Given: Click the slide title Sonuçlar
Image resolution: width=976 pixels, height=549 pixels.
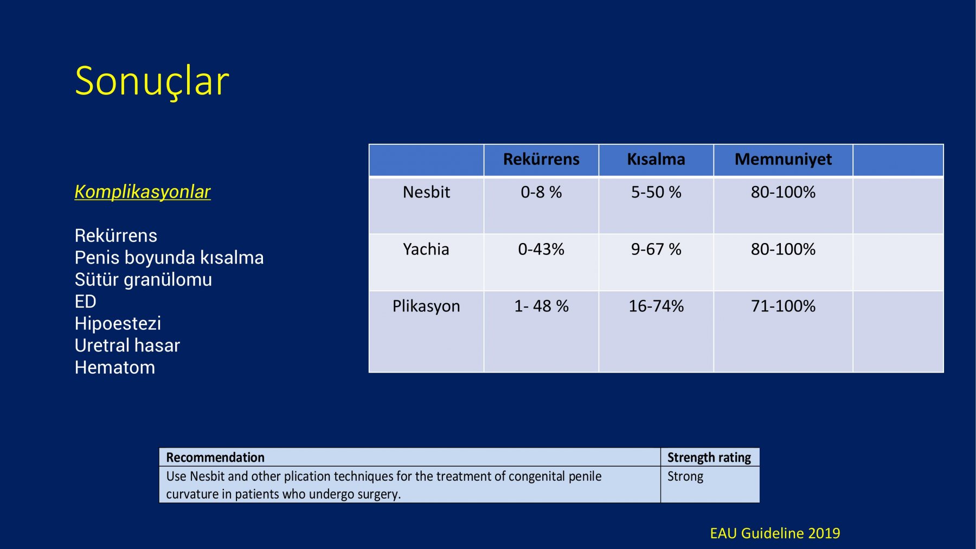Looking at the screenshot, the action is tap(152, 81).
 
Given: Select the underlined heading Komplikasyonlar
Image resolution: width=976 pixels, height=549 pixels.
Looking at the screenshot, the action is tap(143, 192).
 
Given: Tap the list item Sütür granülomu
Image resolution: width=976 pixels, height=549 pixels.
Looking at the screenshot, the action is tap(143, 279).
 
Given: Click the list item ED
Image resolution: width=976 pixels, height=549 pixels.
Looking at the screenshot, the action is tap(86, 302).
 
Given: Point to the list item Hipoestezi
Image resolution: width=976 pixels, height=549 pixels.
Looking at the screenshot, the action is tap(118, 323).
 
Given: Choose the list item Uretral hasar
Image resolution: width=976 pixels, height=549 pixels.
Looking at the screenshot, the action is tap(127, 346).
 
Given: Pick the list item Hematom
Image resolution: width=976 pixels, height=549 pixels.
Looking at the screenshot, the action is tap(115, 367).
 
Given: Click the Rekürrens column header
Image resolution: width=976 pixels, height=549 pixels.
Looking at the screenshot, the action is tap(541, 159).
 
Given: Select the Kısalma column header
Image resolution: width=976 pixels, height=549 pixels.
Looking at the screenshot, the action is tap(656, 159).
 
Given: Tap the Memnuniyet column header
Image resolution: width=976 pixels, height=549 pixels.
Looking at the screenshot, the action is tap(783, 160).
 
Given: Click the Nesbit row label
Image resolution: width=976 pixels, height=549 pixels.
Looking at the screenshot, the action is tap(426, 192).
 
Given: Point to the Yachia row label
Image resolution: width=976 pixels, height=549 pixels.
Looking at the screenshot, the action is tap(426, 249).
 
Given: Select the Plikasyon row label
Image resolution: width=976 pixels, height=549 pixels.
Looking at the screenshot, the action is tap(426, 307).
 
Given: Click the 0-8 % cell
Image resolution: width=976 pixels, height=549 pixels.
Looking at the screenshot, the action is tap(541, 192).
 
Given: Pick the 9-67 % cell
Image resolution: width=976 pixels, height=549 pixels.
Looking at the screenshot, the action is tap(656, 249).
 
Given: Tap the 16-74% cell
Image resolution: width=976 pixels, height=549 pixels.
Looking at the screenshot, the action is tap(656, 307).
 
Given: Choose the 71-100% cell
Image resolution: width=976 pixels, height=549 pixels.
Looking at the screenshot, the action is tap(783, 307).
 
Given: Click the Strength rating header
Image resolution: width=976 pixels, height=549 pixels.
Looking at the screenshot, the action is tap(709, 458).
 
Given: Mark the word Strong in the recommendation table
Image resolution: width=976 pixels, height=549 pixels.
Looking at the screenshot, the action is tap(685, 477).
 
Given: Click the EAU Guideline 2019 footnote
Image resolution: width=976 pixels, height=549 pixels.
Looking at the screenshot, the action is tap(775, 534).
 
